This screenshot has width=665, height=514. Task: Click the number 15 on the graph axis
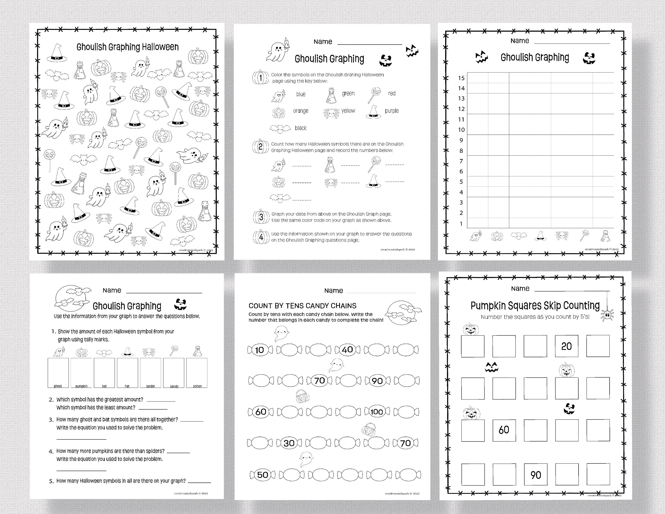pyautogui.click(x=461, y=78)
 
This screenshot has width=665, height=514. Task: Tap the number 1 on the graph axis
pyautogui.click(x=461, y=224)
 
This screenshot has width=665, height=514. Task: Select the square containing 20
pyautogui.click(x=566, y=346)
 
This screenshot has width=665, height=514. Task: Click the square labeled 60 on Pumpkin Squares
pyautogui.click(x=504, y=430)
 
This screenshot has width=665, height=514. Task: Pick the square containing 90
pyautogui.click(x=536, y=474)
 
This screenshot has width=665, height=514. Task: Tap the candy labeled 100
pyautogui.click(x=377, y=412)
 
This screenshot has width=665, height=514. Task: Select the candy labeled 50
pyautogui.click(x=262, y=475)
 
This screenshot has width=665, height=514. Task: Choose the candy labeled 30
pyautogui.click(x=289, y=443)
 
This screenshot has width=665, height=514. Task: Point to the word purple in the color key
pyautogui.click(x=391, y=111)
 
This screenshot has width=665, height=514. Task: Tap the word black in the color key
pyautogui.click(x=301, y=128)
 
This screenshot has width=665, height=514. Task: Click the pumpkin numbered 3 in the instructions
pyautogui.click(x=261, y=217)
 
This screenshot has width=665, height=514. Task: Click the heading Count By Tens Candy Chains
pyautogui.click(x=302, y=306)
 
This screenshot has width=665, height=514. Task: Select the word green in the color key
pyautogui.click(x=348, y=94)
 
